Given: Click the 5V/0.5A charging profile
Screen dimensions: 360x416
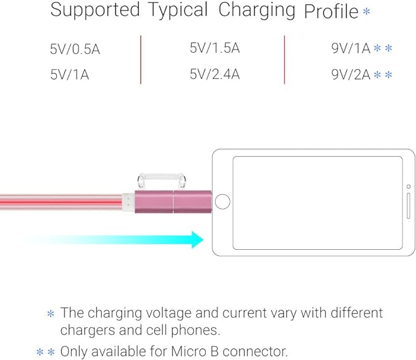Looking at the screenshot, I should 75,50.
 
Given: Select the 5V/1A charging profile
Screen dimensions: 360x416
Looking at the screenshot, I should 69,75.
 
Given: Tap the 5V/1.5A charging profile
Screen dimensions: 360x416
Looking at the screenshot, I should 214,48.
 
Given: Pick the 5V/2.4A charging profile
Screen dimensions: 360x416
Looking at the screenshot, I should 214,75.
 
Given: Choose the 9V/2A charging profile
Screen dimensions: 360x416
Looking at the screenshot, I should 351,75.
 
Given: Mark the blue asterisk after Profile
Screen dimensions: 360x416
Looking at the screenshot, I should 366,11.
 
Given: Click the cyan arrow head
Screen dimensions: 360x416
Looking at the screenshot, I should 196,239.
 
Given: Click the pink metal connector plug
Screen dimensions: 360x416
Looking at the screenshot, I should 173,201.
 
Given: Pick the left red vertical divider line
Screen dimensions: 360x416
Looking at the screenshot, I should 140,59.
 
